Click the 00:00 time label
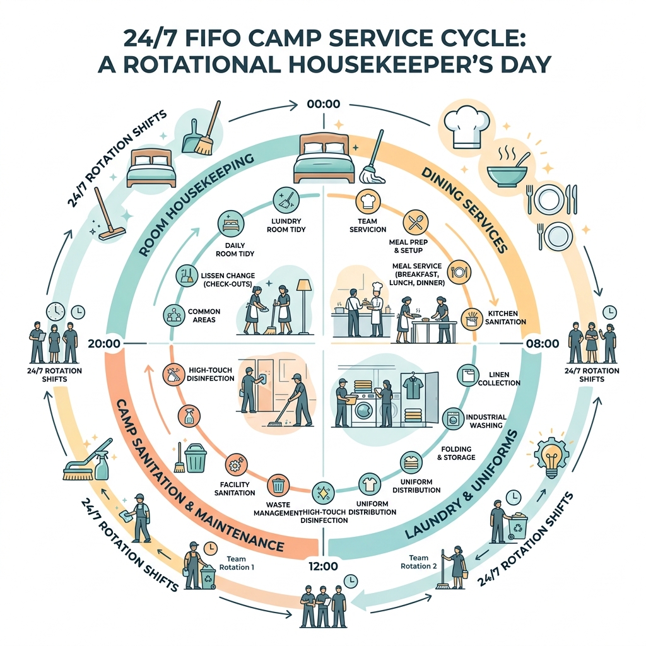coord(322,103)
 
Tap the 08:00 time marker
coord(542,344)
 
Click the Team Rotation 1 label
coord(241,562)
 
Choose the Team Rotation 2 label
coord(418,561)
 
